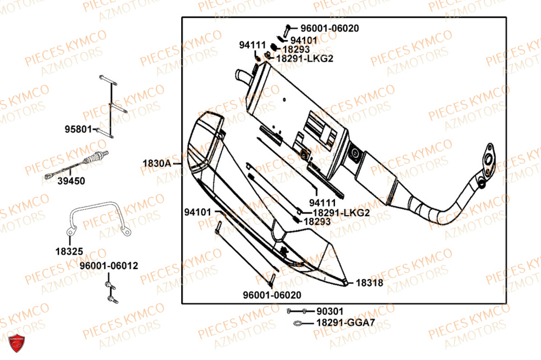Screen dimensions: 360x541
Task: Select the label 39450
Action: [71, 182]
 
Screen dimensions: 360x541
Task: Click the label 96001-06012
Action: [109, 266]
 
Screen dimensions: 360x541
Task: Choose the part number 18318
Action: [370, 282]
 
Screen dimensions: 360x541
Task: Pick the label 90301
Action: [329, 312]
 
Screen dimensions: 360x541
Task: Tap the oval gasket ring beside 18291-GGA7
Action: [299, 324]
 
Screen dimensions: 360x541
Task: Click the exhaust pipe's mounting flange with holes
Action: [491, 158]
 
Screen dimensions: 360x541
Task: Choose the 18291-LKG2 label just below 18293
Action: [305, 58]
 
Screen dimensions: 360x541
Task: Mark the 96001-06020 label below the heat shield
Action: [272, 295]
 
